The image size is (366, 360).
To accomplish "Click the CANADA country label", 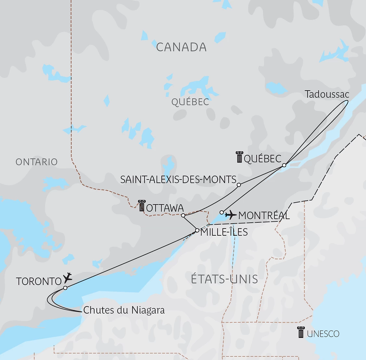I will tap(181, 47).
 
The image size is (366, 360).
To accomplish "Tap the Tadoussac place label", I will tap(327, 94).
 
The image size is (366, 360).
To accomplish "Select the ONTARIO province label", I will tap(36, 162).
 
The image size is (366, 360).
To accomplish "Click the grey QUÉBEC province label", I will tap(190, 102).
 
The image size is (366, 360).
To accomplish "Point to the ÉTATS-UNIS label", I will tap(224, 279).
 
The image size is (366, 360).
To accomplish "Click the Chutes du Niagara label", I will tap(124, 310).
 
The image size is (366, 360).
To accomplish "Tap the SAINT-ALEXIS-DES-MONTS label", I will tap(178, 180).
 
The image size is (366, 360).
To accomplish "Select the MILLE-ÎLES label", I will tap(224, 232).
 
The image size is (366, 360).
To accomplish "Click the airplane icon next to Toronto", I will tap(68, 278).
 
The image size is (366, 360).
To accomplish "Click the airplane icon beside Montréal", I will tap(231, 215).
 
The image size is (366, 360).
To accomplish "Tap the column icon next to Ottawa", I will tap(142, 206).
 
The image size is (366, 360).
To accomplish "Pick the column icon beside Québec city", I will tap(239, 157).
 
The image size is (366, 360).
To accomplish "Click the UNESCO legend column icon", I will tap(300, 332).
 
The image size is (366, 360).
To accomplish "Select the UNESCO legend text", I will tap(323, 334).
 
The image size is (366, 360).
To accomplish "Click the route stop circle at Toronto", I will tap(65, 288).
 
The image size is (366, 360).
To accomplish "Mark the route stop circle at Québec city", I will tap(284, 165).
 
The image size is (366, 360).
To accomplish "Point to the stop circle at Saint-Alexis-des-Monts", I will tap(239, 185).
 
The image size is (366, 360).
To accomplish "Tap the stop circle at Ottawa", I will tap(183, 215).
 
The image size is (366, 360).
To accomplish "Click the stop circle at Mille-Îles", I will tap(197, 230).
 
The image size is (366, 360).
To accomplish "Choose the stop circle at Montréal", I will tap(221, 212).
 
